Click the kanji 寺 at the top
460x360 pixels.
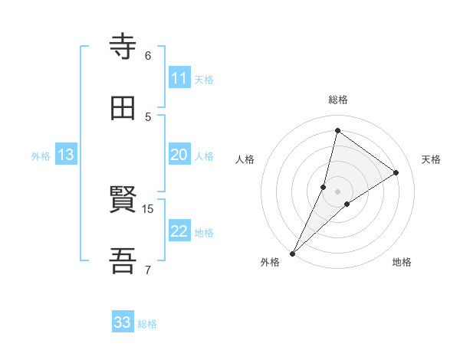pyautogui.click(x=123, y=48)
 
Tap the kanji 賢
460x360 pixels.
pyautogui.click(x=123, y=201)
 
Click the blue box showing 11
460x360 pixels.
pyautogui.click(x=179, y=78)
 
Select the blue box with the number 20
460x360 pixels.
pyautogui.click(x=179, y=155)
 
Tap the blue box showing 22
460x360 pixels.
pyautogui.click(x=179, y=232)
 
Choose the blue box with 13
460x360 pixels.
pyautogui.click(x=66, y=155)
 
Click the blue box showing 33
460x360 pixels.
pyautogui.click(x=123, y=322)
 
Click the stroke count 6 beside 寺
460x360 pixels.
pyautogui.click(x=148, y=55)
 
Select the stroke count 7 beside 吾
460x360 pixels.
pyautogui.click(x=148, y=269)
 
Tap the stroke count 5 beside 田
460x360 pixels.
pyautogui.click(x=148, y=116)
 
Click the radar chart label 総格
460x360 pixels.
pyautogui.click(x=338, y=100)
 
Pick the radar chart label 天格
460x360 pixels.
pyautogui.click(x=431, y=159)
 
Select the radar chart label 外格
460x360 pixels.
pyautogui.click(x=270, y=262)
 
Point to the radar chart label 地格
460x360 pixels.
pyautogui.click(x=402, y=262)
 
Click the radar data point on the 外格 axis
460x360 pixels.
pyautogui.click(x=292, y=253)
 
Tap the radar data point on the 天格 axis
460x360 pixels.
pyautogui.click(x=396, y=172)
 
